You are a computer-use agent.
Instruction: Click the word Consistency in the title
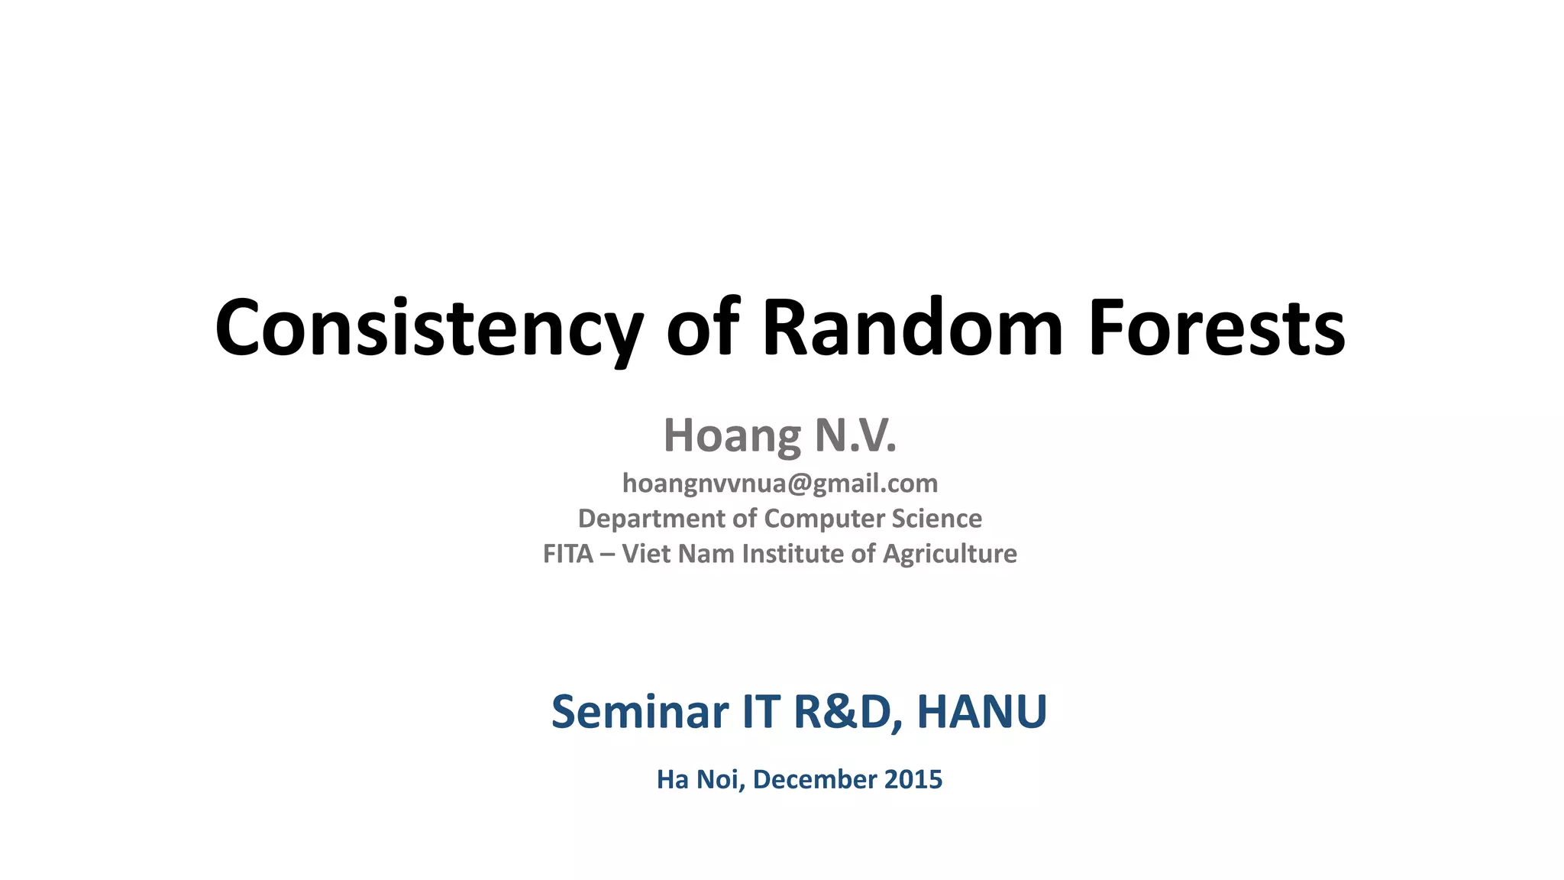[x=429, y=328]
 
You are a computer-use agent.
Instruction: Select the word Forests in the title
[x=1216, y=328]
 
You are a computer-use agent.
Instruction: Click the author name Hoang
[x=732, y=436]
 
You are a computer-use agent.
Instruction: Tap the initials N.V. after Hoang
[x=855, y=436]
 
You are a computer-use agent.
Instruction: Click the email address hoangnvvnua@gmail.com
[x=780, y=484]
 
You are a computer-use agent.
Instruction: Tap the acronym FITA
[x=567, y=554]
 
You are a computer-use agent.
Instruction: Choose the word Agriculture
[x=949, y=554]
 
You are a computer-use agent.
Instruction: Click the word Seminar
[x=640, y=712]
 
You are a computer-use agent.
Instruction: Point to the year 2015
[x=913, y=780]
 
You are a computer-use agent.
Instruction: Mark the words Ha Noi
[x=700, y=780]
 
